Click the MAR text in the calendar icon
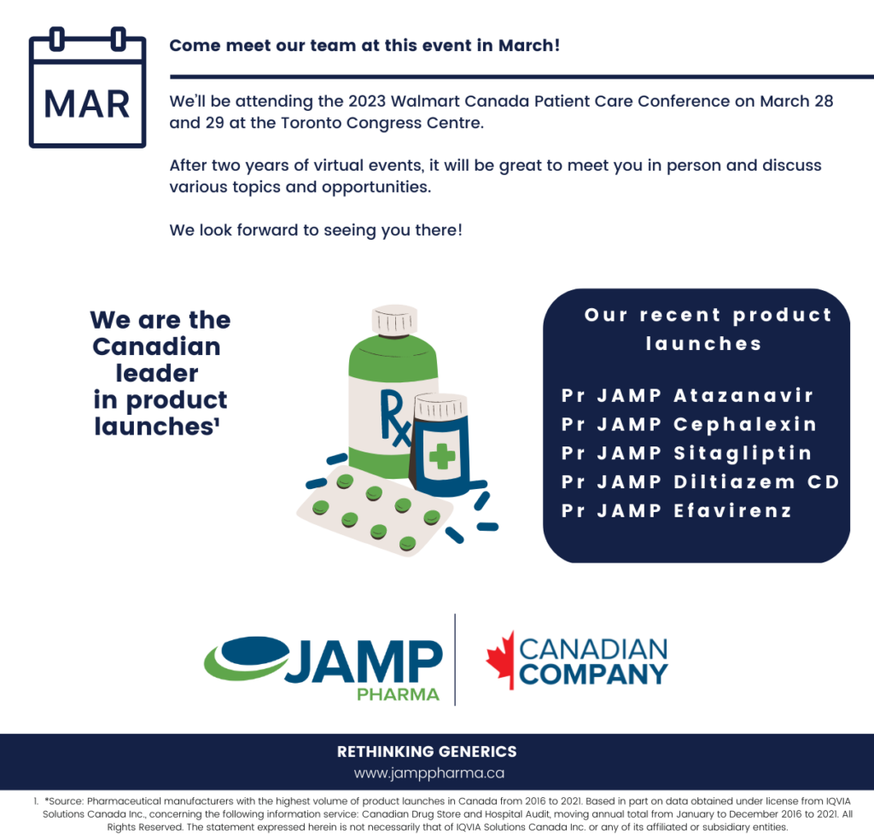(x=87, y=104)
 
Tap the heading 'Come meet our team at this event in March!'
(x=364, y=45)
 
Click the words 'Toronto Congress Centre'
(x=382, y=123)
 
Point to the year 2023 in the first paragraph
(x=367, y=101)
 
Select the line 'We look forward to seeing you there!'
(x=316, y=230)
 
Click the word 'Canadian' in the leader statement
(x=157, y=347)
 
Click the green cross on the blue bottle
(x=442, y=456)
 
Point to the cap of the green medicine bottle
(x=394, y=320)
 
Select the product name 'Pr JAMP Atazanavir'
(x=687, y=395)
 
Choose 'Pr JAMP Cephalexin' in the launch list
(x=689, y=424)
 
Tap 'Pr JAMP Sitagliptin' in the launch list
(x=687, y=453)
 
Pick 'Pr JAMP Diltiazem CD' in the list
(x=701, y=481)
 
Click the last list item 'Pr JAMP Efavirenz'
(x=677, y=510)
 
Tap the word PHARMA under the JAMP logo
(x=398, y=695)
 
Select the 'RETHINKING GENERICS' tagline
(x=427, y=751)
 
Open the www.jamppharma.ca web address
(x=429, y=773)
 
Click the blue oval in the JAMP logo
(x=254, y=652)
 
